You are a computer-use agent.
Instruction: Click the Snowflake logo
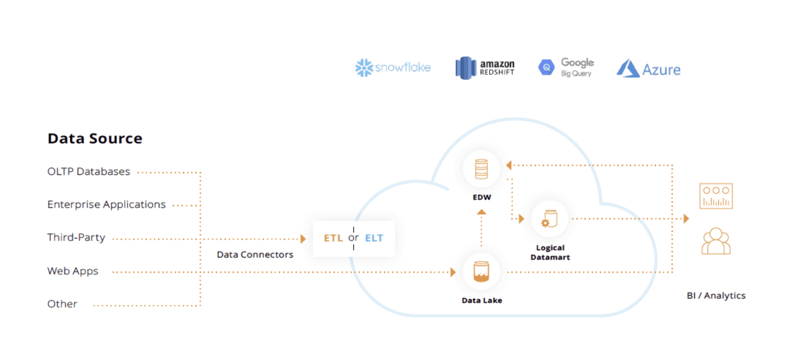tap(393, 68)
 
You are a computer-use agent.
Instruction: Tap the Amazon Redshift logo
tap(485, 68)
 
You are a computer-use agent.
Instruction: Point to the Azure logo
tap(648, 69)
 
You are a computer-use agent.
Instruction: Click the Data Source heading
tap(95, 139)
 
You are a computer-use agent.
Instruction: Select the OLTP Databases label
tap(88, 171)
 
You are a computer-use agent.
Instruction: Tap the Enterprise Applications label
tap(107, 205)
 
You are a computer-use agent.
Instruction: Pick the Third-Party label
tap(76, 238)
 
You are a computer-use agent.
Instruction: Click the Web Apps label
tap(73, 271)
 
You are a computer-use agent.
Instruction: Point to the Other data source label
tap(62, 304)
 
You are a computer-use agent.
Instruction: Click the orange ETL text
tap(334, 238)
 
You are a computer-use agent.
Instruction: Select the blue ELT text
tap(374, 238)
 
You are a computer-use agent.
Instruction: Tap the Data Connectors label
tap(255, 255)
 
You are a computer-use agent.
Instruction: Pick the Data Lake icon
tap(482, 272)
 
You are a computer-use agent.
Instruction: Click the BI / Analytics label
tap(716, 296)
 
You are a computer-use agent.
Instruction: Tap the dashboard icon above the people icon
tap(716, 196)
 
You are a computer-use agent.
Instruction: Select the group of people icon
tap(716, 241)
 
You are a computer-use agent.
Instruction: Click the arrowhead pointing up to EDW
tap(482, 211)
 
